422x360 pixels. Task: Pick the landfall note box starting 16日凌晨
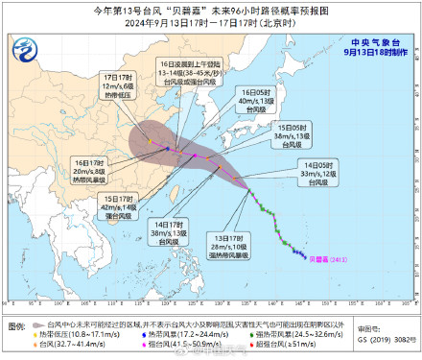tap(189, 71)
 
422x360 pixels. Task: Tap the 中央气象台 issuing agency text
tap(379, 41)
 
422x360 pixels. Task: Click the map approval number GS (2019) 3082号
tap(388, 339)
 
